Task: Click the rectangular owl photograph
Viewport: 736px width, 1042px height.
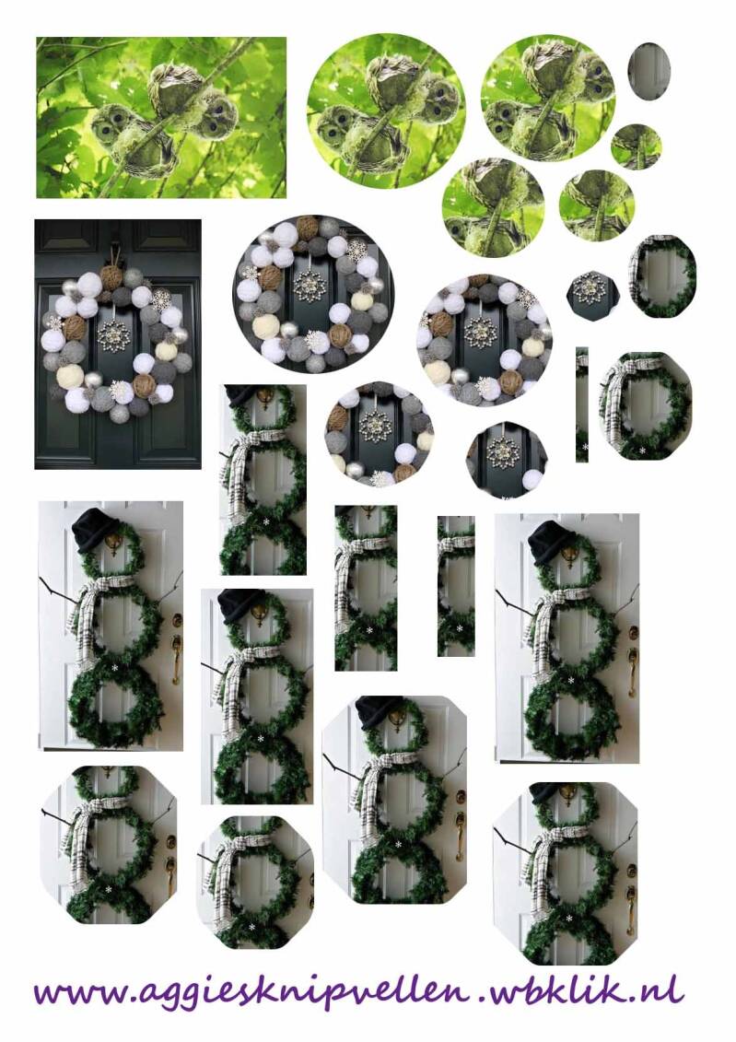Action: pyautogui.click(x=161, y=117)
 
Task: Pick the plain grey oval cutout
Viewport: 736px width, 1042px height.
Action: pyautogui.click(x=648, y=70)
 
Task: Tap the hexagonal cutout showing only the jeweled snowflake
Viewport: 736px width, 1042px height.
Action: pyautogui.click(x=592, y=291)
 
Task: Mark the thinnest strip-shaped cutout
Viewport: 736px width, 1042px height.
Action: pyautogui.click(x=582, y=404)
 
